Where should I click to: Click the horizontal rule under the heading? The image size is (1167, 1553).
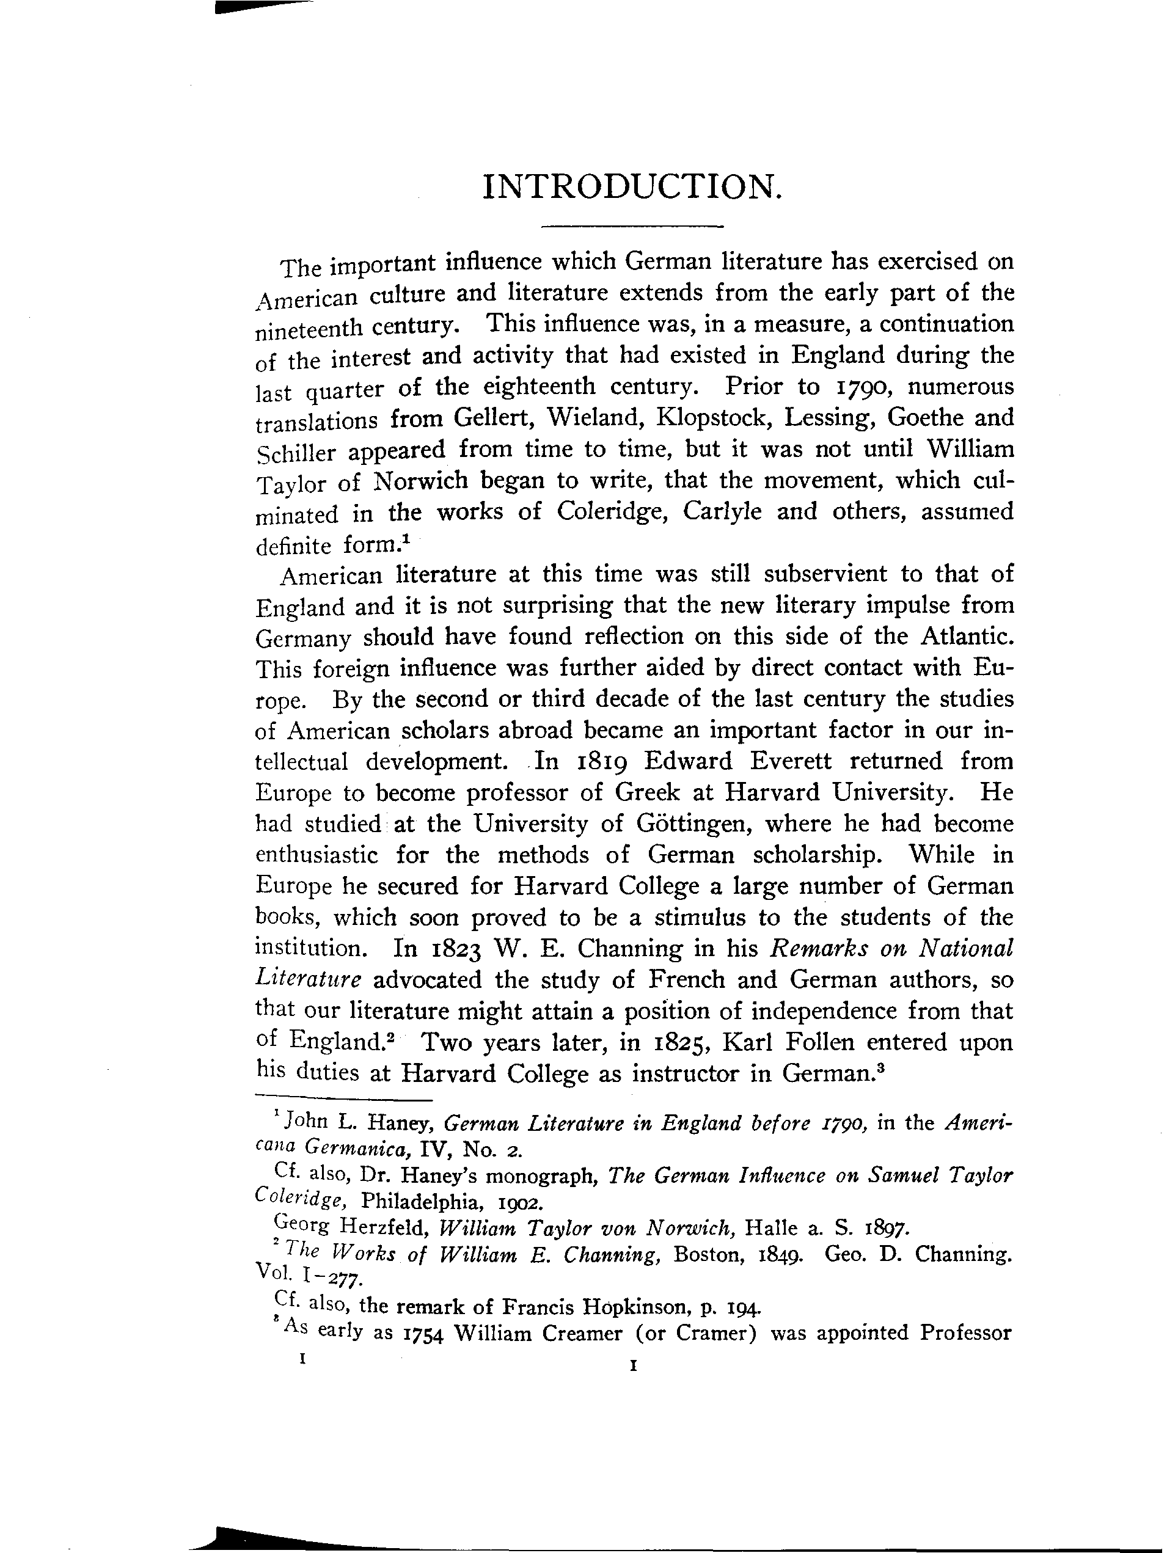[x=632, y=227]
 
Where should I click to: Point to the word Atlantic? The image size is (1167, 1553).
[x=966, y=637]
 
